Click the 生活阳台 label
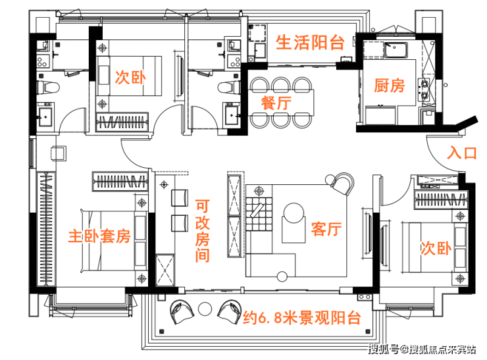tap(310, 43)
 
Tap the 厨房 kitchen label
tap(389, 86)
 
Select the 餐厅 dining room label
tap(276, 103)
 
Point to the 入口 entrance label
tap(462, 153)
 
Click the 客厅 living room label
tap(326, 229)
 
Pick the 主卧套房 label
tap(99, 236)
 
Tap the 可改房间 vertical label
tap(203, 231)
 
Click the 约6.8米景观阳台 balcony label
tap(301, 317)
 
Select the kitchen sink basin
tap(396, 50)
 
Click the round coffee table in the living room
tap(294, 213)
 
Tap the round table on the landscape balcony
tap(205, 309)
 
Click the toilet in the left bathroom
tap(48, 87)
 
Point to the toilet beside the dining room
tap(229, 88)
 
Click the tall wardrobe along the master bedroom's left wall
tap(46, 229)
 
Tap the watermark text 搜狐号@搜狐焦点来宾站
tap(422, 349)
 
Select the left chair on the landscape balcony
tap(182, 311)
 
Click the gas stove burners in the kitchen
tap(424, 90)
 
